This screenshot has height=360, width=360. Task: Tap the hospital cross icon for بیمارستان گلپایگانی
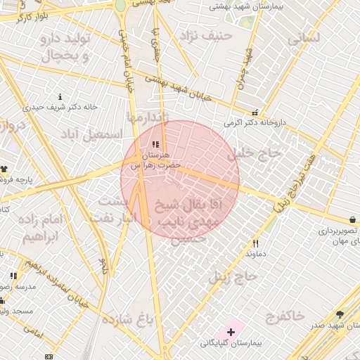pos(231,330)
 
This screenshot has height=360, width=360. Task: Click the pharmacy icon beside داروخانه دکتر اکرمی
pos(255,112)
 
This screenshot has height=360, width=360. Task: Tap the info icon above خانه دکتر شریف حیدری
pos(60,96)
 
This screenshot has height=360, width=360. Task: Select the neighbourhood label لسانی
pos(304,37)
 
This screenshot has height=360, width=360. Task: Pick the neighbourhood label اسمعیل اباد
pos(91,134)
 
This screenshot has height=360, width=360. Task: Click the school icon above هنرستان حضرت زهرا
pos(155,145)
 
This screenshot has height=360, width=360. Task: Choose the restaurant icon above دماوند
pos(255,244)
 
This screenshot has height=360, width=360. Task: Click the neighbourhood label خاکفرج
pos(287,315)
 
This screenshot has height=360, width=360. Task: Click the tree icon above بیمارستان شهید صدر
pos(340,314)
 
